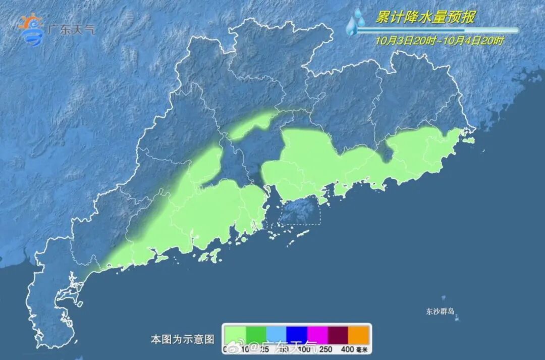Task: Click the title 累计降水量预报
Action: click(425, 18)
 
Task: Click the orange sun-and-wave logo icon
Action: click(31, 29)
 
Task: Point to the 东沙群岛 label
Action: click(440, 312)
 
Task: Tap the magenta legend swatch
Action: click(317, 334)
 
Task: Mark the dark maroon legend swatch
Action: click(338, 334)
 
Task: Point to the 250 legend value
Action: click(325, 349)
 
